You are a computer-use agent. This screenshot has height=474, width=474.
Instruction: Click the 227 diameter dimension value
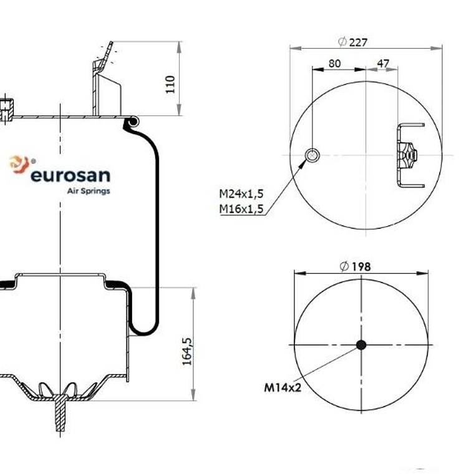pos(359,42)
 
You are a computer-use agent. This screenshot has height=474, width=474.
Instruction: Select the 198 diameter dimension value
pos(361,266)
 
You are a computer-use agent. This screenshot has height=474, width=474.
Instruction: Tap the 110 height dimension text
pos(170,84)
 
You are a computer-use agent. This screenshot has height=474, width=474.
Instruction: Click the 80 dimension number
pos(335,63)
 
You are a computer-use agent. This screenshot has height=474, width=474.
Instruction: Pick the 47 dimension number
pos(383,63)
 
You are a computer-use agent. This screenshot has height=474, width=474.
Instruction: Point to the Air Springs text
pos(88,191)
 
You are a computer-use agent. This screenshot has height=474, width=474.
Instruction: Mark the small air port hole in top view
pos(312,155)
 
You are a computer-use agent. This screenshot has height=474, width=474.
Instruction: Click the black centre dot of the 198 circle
pos(361,344)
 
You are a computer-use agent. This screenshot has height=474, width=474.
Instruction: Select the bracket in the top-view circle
pos(409,155)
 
